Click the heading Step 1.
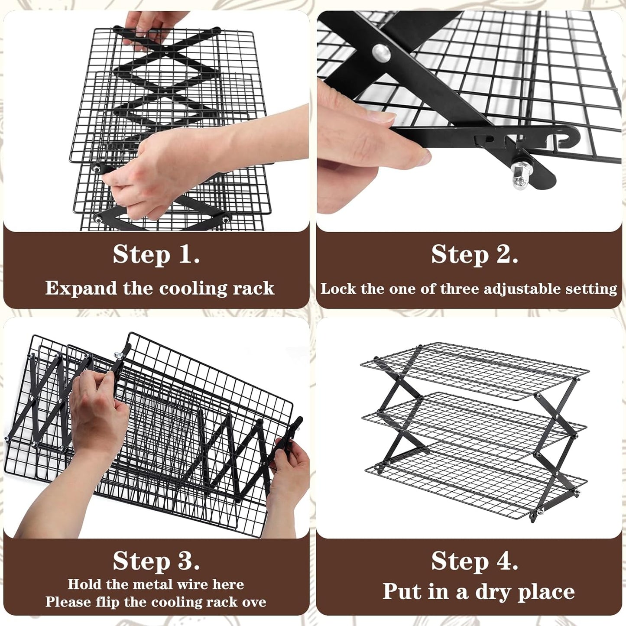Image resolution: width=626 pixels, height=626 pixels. pyautogui.click(x=156, y=254)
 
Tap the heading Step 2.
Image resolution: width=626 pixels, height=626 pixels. pyautogui.click(x=474, y=254)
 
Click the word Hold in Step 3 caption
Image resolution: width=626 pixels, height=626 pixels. pyautogui.click(x=85, y=584)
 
